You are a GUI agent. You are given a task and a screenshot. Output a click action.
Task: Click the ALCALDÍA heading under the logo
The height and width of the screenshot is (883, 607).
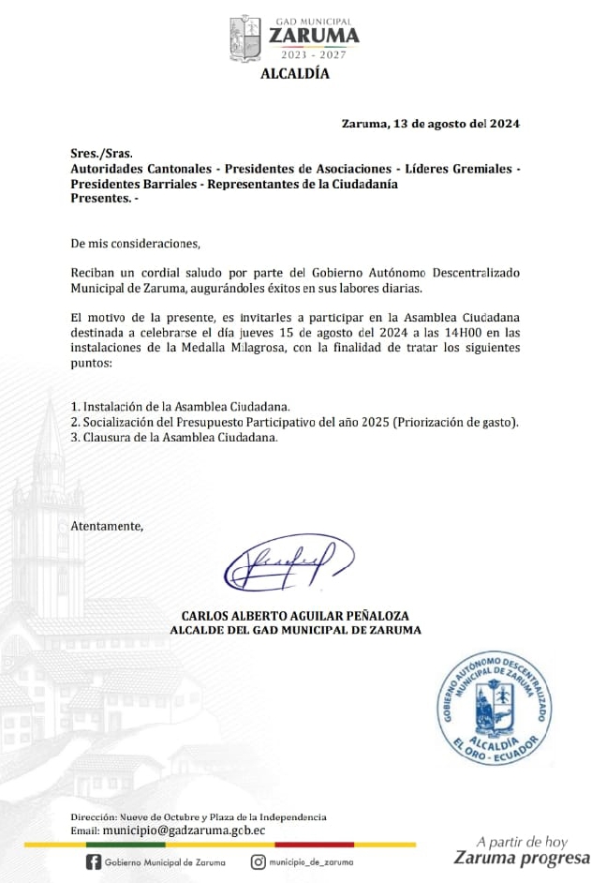[x=294, y=74]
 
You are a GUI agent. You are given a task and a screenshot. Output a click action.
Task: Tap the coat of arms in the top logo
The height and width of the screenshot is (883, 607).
[x=245, y=39]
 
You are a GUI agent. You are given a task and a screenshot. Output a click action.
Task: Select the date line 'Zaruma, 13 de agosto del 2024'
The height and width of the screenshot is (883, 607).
[x=430, y=123]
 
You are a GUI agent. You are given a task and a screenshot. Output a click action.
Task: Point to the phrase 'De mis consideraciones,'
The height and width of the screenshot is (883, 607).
[x=135, y=244]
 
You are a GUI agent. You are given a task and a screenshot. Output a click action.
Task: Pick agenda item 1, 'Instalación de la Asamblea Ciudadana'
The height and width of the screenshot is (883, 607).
[x=181, y=407]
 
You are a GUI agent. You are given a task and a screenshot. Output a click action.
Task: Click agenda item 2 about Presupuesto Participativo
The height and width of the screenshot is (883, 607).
[x=295, y=422]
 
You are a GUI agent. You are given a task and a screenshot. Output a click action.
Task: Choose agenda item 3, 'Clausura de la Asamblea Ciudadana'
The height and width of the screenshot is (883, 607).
[x=174, y=437]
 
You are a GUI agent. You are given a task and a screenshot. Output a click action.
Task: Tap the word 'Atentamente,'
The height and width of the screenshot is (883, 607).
[x=107, y=526]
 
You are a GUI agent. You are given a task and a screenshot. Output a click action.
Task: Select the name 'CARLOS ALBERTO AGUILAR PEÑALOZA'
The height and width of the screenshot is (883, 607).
[x=294, y=616]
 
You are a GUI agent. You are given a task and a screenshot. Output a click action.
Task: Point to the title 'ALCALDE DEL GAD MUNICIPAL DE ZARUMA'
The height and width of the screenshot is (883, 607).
[x=294, y=630]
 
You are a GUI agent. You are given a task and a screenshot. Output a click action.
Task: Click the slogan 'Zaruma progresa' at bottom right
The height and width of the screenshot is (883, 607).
[x=521, y=859]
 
